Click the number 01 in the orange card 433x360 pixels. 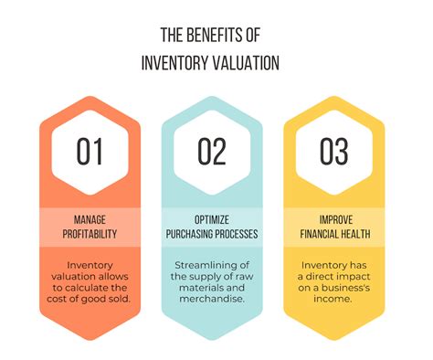(90, 152)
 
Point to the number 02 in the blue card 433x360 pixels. (211, 152)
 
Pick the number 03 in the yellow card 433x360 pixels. (333, 152)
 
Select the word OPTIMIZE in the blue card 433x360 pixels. (211, 218)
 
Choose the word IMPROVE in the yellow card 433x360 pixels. (333, 218)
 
